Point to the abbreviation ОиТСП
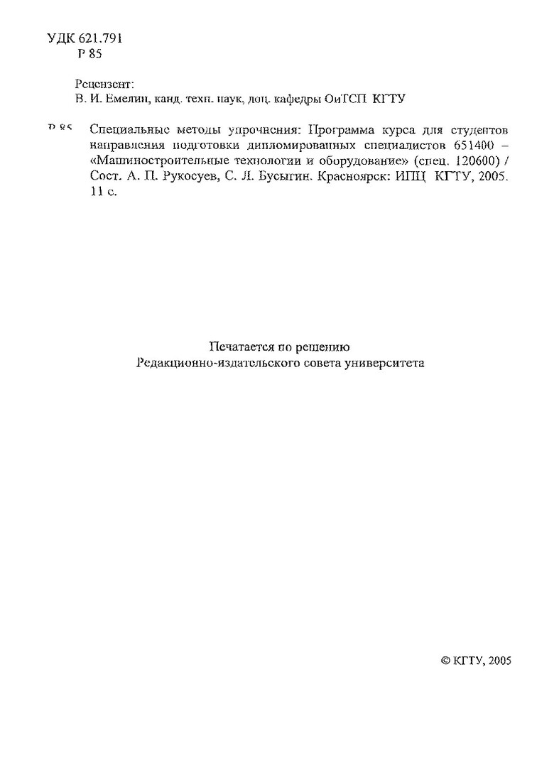pos(344,99)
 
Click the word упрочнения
pos(262,131)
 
